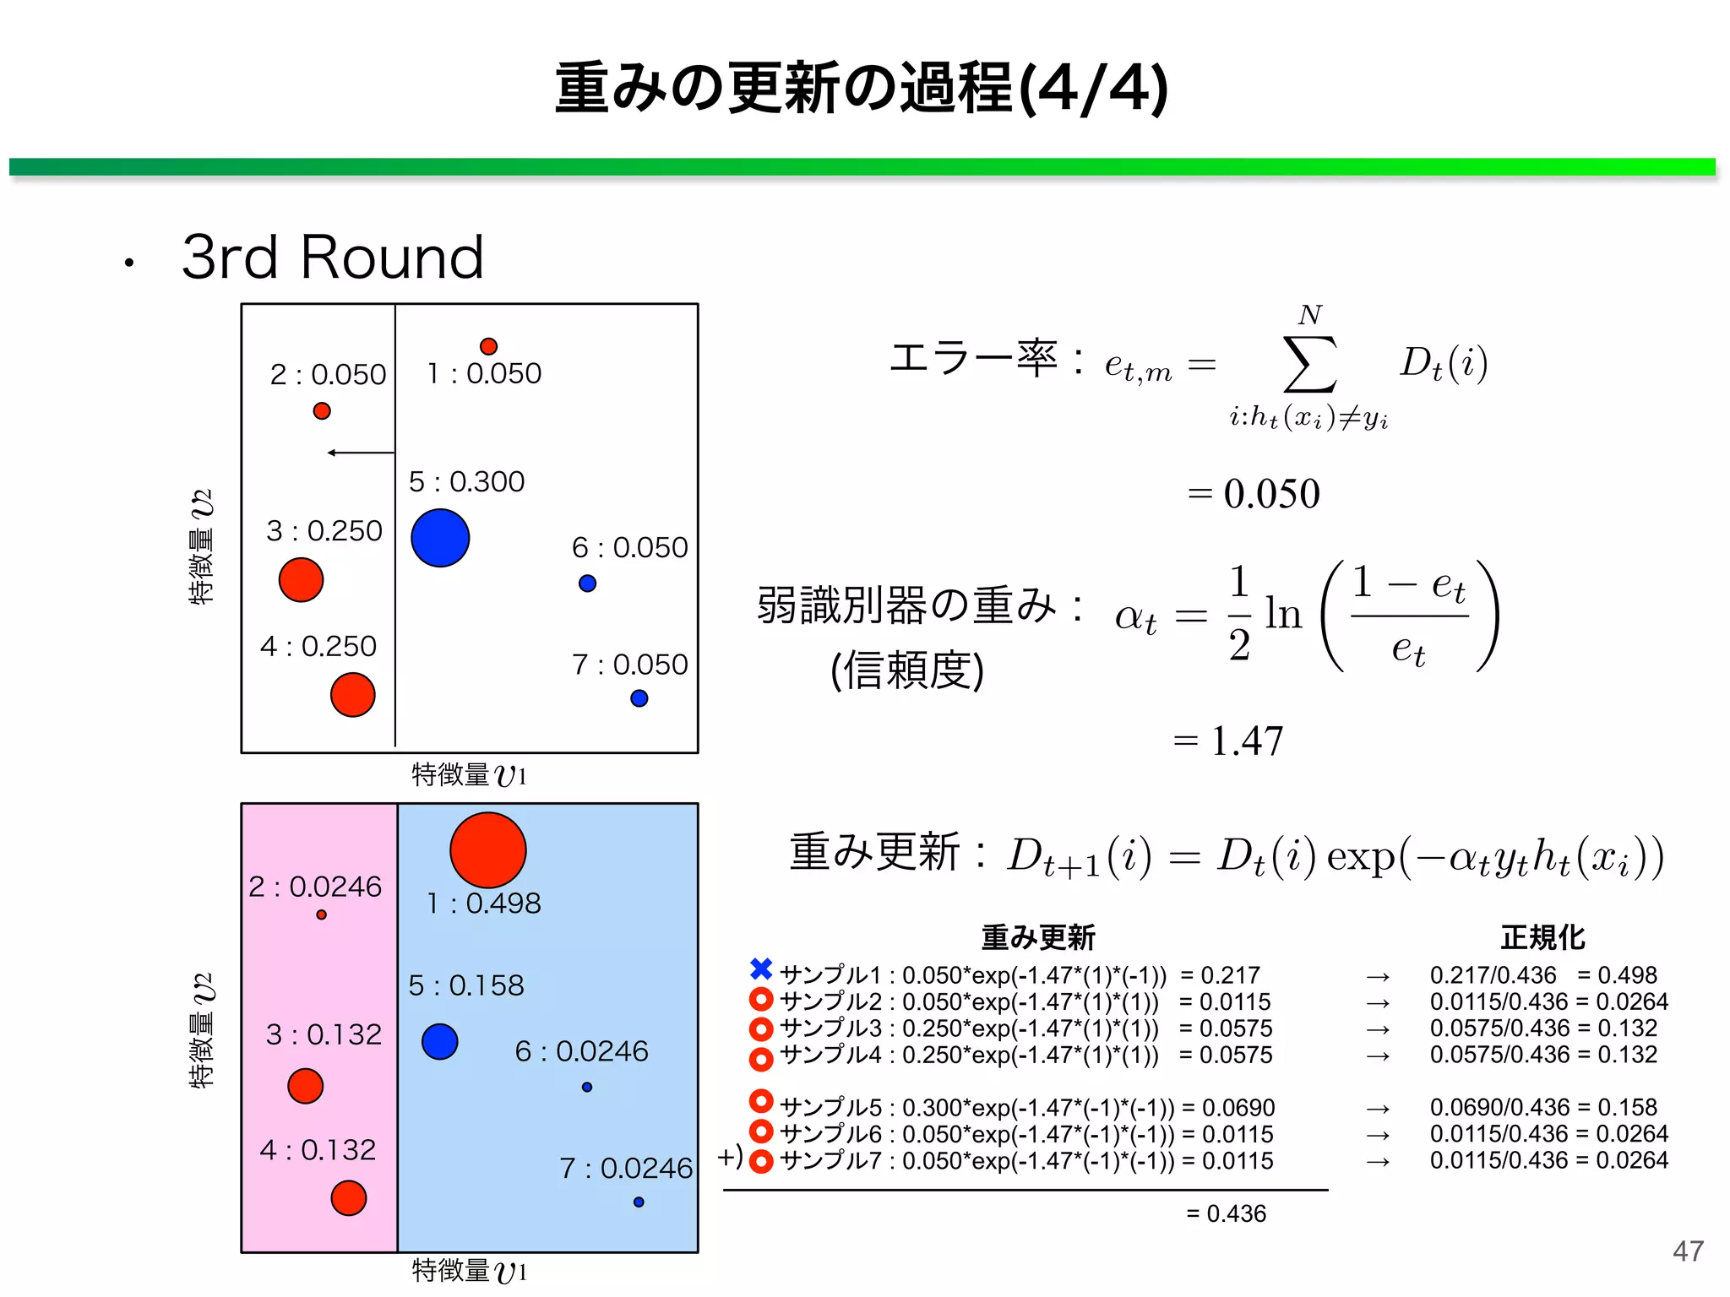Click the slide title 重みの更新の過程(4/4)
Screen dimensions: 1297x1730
(862, 88)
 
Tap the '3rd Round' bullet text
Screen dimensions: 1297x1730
(333, 257)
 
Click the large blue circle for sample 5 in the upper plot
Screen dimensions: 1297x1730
(440, 538)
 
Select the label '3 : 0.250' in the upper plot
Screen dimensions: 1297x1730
(324, 531)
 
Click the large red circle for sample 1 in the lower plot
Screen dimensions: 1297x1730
(488, 850)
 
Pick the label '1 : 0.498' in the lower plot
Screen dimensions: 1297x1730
(483, 904)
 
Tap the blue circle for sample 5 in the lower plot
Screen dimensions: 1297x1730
(440, 1041)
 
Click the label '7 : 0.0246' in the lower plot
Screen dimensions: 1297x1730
(626, 1169)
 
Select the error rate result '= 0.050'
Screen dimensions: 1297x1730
(1254, 494)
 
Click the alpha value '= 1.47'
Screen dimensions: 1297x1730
(1228, 741)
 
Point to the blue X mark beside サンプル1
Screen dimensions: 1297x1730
(761, 969)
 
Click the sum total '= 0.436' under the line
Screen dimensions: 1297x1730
(1226, 1213)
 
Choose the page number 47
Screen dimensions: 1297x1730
(1688, 1251)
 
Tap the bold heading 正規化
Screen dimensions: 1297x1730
(1542, 937)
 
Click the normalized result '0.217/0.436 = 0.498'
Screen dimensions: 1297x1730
(1543, 975)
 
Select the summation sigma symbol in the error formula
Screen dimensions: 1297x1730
(1309, 364)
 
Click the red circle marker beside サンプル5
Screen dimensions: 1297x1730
(761, 1101)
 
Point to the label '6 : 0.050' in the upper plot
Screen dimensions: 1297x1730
(630, 548)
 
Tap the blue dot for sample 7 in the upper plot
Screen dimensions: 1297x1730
(639, 698)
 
